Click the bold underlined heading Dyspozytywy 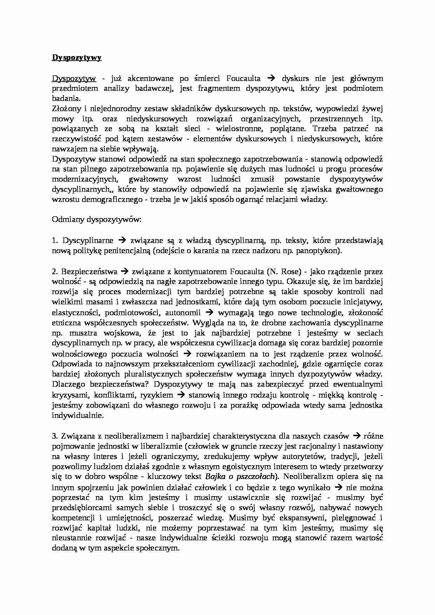click(76, 58)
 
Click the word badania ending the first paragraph click(66, 99)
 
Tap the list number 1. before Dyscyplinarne click(55, 241)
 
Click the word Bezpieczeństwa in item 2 click(89, 271)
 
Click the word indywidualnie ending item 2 click(78, 415)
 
